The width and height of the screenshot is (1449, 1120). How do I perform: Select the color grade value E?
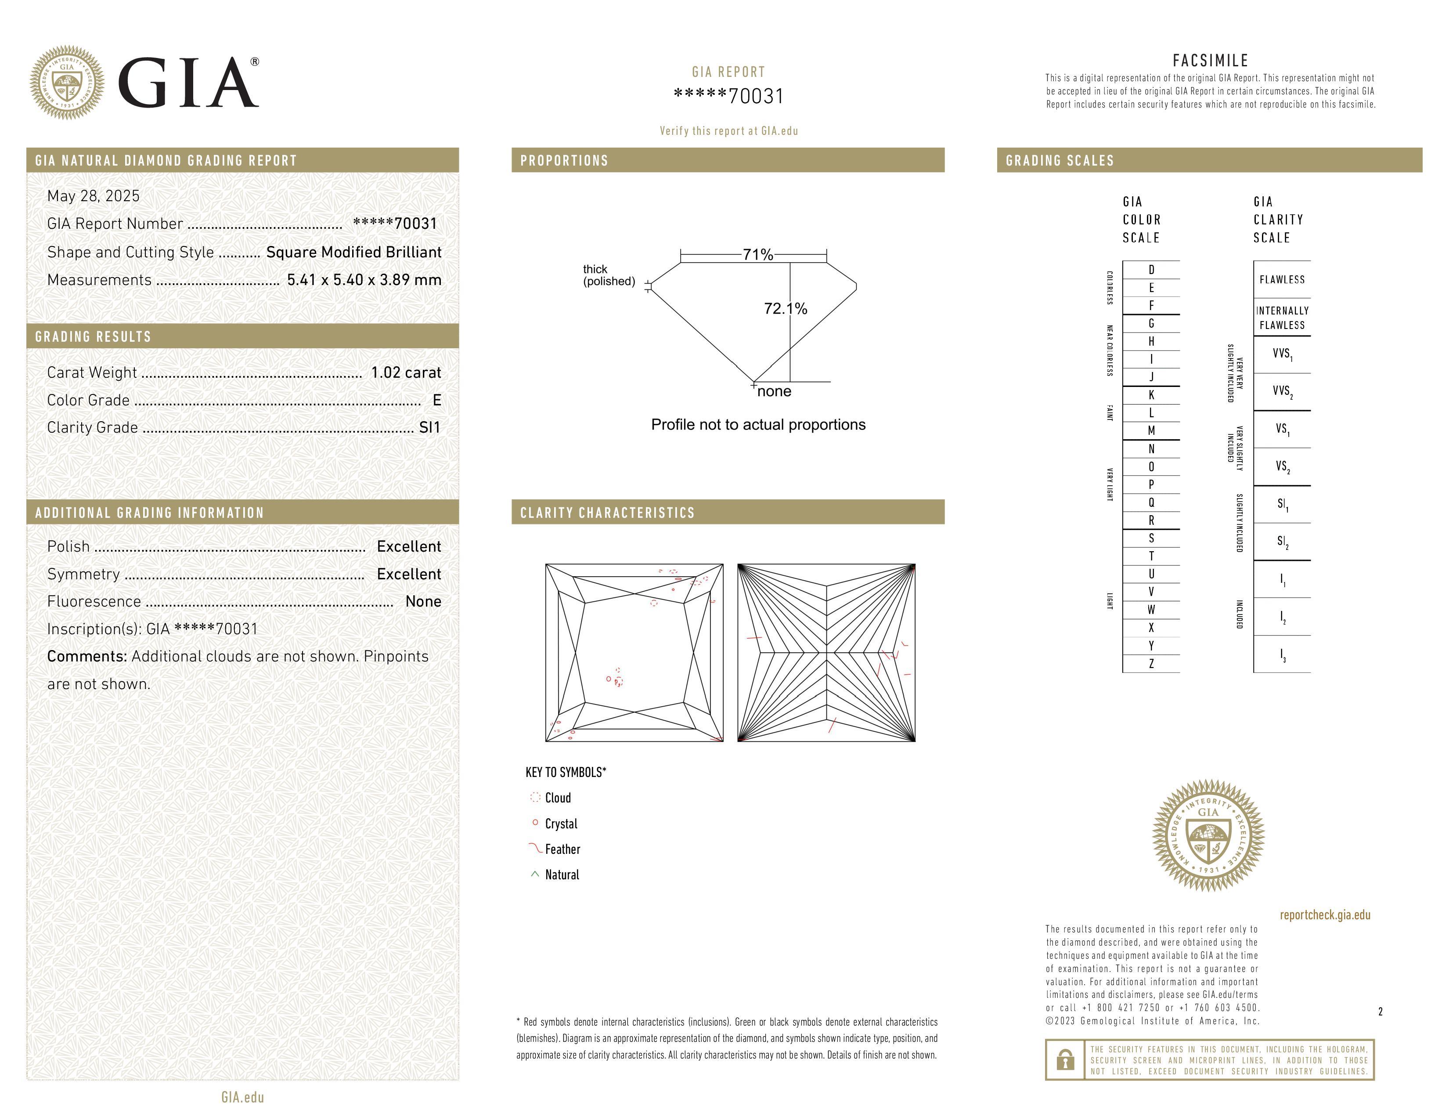pos(436,400)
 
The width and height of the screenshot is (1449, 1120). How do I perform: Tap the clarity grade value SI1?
pos(429,428)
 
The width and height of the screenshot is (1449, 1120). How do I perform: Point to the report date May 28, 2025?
pos(94,196)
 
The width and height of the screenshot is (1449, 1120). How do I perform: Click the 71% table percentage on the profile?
pos(758,255)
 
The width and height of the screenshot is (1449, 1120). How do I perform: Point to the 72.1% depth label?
pos(786,308)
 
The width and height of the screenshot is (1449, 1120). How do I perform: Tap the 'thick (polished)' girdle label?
pos(609,275)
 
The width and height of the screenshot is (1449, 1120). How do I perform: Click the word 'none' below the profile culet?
pos(774,391)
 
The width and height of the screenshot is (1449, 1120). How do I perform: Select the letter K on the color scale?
pos(1151,395)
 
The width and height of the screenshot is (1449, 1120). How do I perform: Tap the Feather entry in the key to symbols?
pos(562,849)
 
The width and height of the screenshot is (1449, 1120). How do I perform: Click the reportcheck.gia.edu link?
pos(1325,915)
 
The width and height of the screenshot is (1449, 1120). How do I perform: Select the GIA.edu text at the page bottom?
pos(243,1097)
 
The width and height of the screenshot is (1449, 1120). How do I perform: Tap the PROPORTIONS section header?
pos(564,161)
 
